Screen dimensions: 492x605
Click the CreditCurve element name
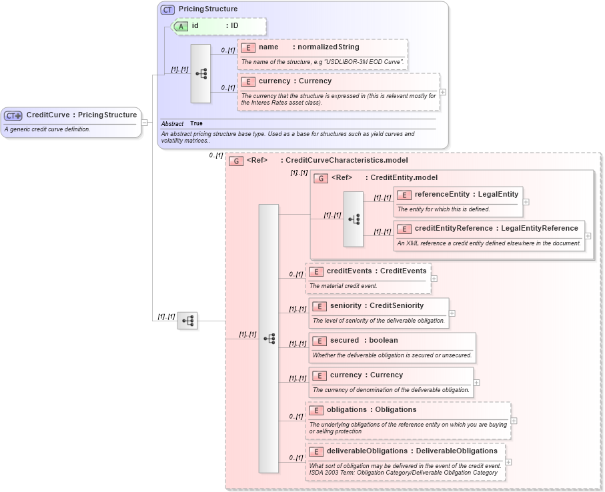coord(48,115)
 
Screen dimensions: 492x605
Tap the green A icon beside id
coord(181,26)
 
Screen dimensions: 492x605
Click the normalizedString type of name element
coord(328,47)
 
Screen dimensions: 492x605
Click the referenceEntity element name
coord(442,195)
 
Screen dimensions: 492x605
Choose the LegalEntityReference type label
coord(539,229)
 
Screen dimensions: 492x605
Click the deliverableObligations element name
coord(367,451)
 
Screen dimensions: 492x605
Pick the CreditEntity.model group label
coord(404,178)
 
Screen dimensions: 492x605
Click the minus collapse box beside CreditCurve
coord(145,122)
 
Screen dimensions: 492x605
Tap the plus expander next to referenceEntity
coord(526,201)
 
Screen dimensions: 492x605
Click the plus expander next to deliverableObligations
coord(508,462)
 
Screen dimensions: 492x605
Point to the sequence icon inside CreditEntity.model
coord(354,219)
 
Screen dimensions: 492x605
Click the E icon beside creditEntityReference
coord(404,229)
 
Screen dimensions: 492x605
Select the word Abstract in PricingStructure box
coord(172,124)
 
